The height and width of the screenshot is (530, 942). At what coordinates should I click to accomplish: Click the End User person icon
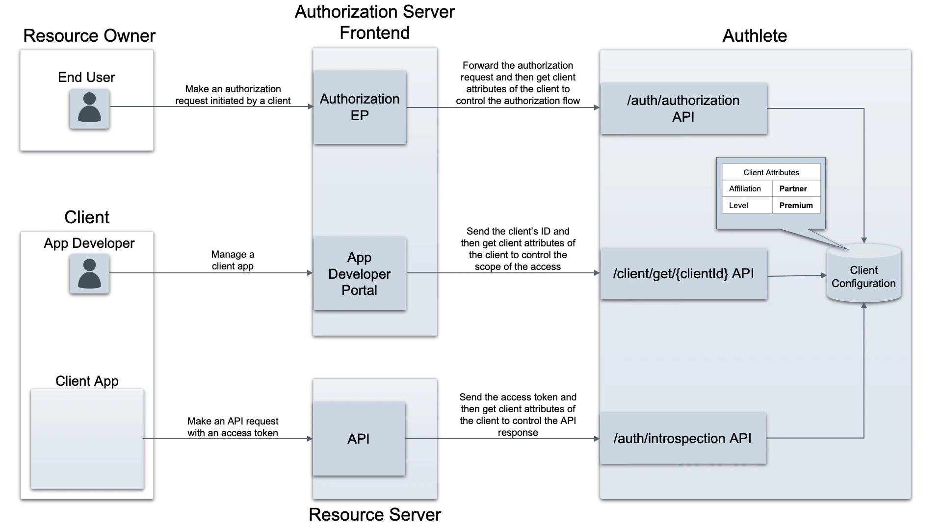[89, 108]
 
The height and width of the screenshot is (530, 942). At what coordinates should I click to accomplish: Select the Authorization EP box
[360, 107]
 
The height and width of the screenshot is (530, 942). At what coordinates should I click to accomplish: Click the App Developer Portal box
[360, 273]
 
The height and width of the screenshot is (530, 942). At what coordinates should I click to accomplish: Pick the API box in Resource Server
[359, 439]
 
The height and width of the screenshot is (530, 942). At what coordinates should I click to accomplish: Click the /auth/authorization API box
[683, 108]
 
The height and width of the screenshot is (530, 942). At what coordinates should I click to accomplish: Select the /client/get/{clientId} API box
[683, 274]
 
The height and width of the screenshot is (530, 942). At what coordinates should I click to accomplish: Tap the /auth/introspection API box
[682, 438]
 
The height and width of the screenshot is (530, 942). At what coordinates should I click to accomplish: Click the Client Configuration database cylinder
[863, 275]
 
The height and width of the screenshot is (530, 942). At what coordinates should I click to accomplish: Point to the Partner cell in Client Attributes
[795, 189]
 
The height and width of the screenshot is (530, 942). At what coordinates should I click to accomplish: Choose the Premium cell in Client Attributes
[795, 205]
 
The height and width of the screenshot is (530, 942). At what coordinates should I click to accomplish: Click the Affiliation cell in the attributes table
[745, 189]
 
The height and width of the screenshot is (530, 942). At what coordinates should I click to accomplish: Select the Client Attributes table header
[771, 172]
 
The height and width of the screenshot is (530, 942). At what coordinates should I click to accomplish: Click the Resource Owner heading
[89, 36]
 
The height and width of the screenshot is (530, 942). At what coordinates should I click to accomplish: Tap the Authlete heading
[755, 36]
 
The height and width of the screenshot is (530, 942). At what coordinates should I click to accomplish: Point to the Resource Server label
[375, 514]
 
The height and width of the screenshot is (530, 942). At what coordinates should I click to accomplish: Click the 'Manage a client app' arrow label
[233, 260]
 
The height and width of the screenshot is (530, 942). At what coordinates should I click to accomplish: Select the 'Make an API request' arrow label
[233, 427]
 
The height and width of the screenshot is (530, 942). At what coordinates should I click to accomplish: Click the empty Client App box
[87, 439]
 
